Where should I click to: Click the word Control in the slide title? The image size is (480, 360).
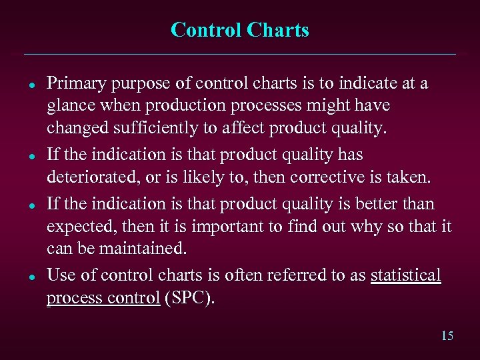[x=206, y=31]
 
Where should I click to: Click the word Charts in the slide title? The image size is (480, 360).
[x=277, y=31]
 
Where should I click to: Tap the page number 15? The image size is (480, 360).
[x=447, y=336]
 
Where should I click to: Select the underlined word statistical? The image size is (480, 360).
[x=405, y=275]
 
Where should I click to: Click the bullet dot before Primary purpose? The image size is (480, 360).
[x=31, y=85]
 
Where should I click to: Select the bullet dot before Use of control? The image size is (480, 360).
[x=31, y=276]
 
